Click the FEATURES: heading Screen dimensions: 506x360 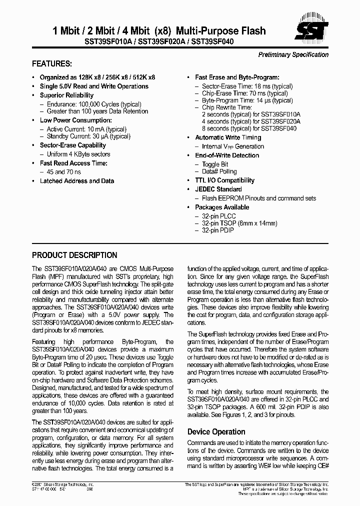tap(52, 64)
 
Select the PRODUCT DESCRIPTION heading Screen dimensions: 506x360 tap(74, 255)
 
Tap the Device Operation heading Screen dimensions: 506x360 tap(216, 431)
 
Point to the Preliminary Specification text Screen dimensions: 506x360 tap(293, 55)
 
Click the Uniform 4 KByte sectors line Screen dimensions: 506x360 tap(78, 154)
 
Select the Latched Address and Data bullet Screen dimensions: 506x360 tap(76, 181)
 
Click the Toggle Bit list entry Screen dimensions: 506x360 tap(215, 164)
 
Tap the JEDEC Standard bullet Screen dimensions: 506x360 tap(218, 189)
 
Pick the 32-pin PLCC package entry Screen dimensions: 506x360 tap(218, 216)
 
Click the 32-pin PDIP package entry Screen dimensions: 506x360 tap(218, 230)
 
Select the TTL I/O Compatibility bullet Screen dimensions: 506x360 tap(224, 180)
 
